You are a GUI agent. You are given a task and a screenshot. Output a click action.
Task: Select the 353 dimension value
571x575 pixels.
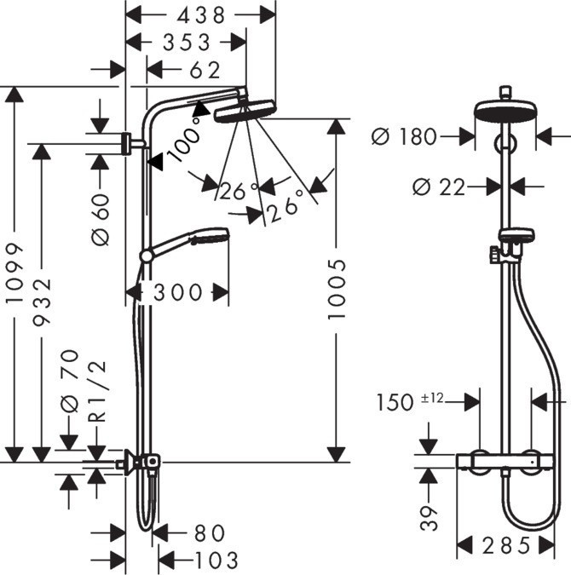pos(186,42)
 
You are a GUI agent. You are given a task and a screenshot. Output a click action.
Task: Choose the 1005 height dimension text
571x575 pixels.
pos(338,290)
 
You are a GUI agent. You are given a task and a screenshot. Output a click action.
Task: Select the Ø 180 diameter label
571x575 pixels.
pos(405,136)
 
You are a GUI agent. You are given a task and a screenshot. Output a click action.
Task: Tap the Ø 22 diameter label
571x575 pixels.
pos(438,187)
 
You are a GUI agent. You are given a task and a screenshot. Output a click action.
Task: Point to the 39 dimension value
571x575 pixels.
pos(430,515)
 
